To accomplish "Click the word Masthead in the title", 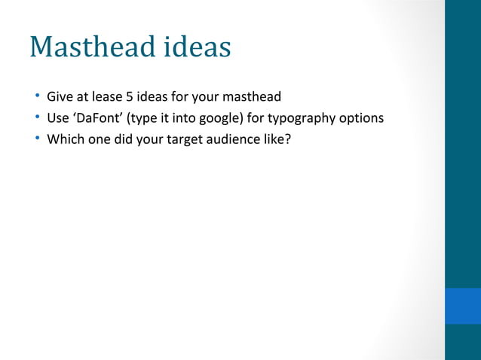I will click(82, 47).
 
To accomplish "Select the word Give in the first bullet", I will click(60, 96).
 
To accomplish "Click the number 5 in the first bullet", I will click(130, 96).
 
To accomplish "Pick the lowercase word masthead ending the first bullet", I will click(251, 96).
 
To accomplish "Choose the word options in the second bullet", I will click(362, 118).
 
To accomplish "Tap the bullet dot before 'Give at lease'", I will click(36, 96).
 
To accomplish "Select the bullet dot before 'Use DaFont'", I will click(36, 118).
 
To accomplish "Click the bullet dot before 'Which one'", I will click(36, 139).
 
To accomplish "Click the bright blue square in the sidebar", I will click(463, 306).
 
